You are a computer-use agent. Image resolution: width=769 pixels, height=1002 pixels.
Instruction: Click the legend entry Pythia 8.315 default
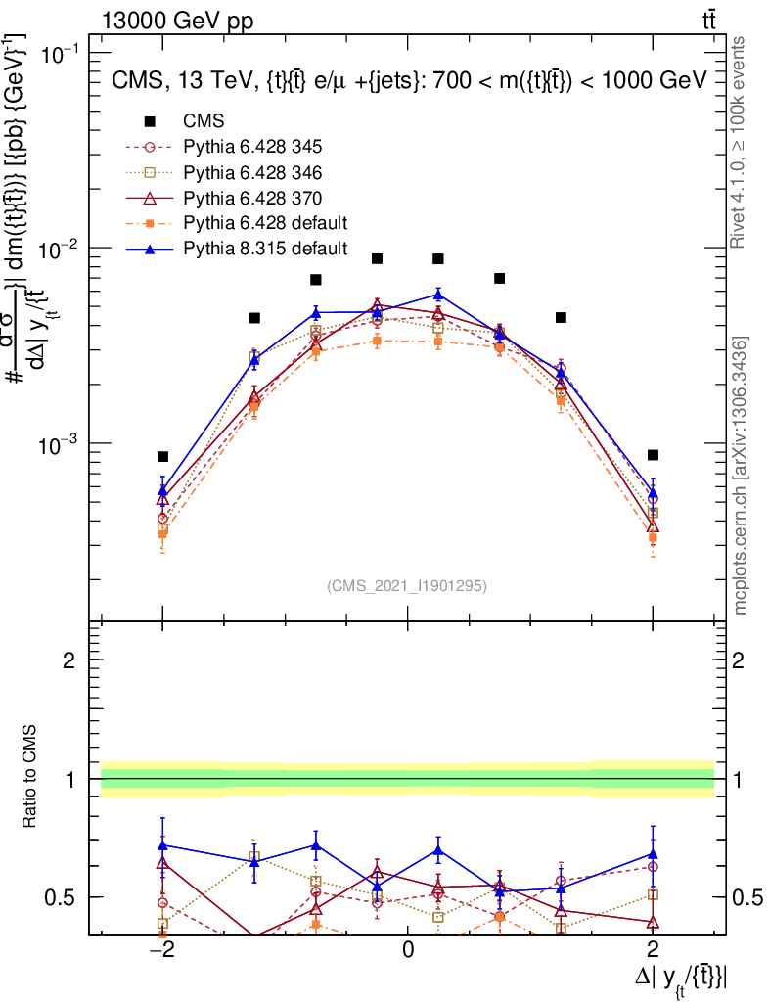pyautogui.click(x=264, y=250)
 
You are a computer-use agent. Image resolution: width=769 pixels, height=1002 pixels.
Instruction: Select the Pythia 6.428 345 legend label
pyautogui.click(x=252, y=148)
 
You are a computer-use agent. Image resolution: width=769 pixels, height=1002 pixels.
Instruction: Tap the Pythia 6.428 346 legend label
pyautogui.click(x=252, y=173)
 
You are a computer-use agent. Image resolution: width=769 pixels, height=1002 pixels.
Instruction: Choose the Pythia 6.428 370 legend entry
pyautogui.click(x=252, y=199)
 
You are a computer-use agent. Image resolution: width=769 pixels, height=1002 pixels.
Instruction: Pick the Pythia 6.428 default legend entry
pyautogui.click(x=264, y=224)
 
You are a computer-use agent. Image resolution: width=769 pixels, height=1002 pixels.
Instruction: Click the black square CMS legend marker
pyautogui.click(x=151, y=122)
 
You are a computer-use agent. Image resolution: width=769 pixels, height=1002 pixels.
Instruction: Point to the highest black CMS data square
pyautogui.click(x=377, y=258)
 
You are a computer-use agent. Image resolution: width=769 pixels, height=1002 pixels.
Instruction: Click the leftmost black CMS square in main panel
pyautogui.click(x=163, y=456)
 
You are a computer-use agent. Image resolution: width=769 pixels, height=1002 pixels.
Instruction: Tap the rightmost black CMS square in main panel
pyautogui.click(x=653, y=455)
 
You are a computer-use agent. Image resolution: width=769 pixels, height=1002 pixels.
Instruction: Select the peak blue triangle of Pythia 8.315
pyautogui.click(x=438, y=294)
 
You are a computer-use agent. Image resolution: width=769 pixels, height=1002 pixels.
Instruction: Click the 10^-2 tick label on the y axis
pyautogui.click(x=63, y=249)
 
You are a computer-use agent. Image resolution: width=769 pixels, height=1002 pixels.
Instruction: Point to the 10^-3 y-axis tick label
pyautogui.click(x=63, y=444)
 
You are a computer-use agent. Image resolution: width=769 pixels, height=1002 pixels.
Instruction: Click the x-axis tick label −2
pyautogui.click(x=160, y=949)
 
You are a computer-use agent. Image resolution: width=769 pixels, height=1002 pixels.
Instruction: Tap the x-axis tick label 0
pyautogui.click(x=408, y=949)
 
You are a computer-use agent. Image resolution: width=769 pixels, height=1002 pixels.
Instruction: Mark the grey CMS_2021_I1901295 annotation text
pyautogui.click(x=407, y=585)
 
